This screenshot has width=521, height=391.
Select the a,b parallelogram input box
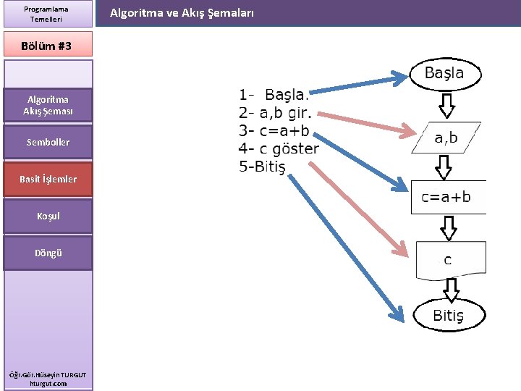(446, 138)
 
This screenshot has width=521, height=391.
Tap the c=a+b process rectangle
(447, 197)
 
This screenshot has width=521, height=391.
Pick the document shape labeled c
(449, 259)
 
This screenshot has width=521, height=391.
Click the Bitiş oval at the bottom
(448, 315)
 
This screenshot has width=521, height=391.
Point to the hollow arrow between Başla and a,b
(446, 105)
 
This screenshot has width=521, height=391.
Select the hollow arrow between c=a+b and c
(449, 228)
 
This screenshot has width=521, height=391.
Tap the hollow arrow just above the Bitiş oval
(451, 289)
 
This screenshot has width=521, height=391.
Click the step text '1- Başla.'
(274, 95)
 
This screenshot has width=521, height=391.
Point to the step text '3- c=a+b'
(274, 131)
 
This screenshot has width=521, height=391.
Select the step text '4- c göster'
(279, 149)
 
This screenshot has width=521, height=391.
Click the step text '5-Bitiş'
(262, 167)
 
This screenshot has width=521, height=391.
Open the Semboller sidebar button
(48, 143)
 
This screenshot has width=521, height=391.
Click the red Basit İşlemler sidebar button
(48, 179)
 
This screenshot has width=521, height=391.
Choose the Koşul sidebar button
(48, 216)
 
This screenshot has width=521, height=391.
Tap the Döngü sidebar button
(48, 253)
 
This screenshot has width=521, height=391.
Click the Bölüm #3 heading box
(48, 45)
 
